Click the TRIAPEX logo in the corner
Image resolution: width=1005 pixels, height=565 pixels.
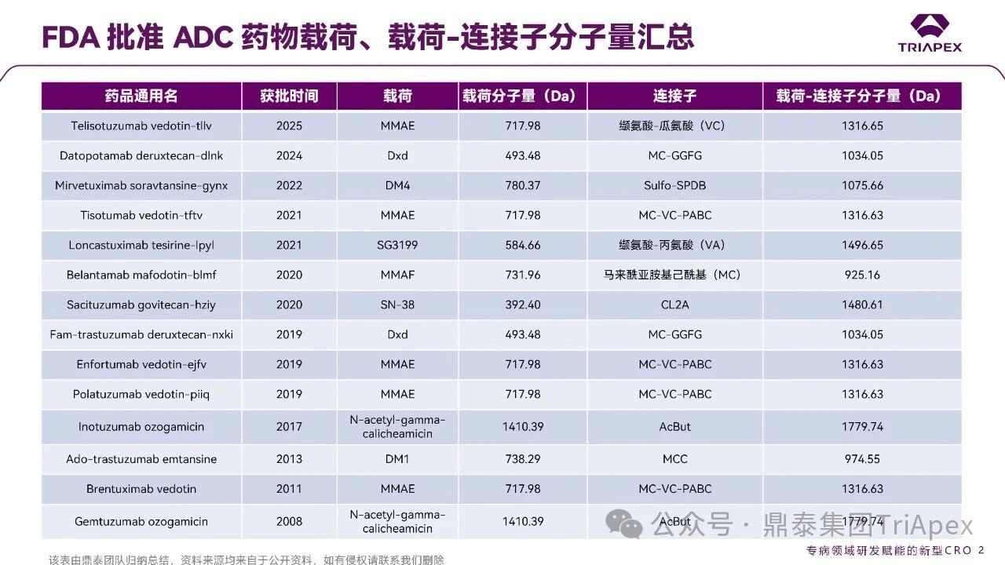click(x=930, y=33)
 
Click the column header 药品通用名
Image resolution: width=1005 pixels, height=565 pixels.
click(x=141, y=96)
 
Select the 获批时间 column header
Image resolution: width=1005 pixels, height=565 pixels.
click(x=289, y=96)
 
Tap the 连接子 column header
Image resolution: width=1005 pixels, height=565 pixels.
click(x=674, y=96)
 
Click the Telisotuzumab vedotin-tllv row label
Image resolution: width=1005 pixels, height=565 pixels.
click(x=141, y=126)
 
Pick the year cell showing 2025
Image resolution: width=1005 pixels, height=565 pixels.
click(x=289, y=126)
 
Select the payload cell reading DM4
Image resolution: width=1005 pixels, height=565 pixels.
click(x=397, y=185)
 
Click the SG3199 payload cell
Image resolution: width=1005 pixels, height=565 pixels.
click(x=397, y=245)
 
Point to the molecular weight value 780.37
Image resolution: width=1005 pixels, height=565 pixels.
click(x=522, y=185)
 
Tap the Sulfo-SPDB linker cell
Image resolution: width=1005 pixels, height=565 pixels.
click(x=674, y=185)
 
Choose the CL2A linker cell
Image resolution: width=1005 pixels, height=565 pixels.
click(x=674, y=304)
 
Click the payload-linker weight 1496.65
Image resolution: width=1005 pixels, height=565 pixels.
click(x=862, y=245)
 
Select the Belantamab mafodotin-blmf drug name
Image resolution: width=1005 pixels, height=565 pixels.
click(x=141, y=275)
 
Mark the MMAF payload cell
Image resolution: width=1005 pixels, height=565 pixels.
click(x=397, y=275)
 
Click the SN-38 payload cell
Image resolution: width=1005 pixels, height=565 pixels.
click(x=397, y=304)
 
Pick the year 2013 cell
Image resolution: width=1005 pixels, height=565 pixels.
click(x=289, y=459)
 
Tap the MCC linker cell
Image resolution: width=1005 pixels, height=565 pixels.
click(x=674, y=459)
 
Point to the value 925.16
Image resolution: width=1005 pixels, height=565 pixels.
click(x=862, y=275)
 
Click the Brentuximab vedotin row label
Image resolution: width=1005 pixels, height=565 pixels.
click(x=141, y=489)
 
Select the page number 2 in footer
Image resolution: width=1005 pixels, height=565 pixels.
click(x=981, y=550)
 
